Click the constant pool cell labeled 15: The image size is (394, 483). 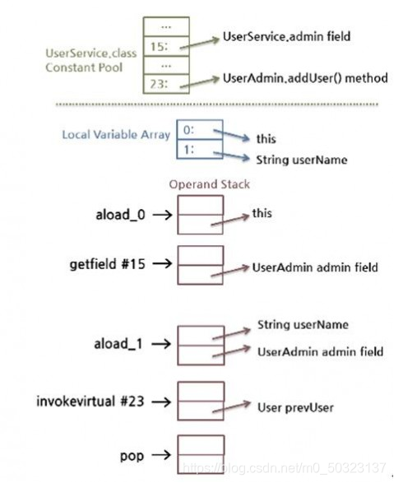pos(166,46)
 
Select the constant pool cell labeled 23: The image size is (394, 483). pos(166,83)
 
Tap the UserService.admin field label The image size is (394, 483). pos(286,36)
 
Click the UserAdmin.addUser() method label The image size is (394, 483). pos(305,78)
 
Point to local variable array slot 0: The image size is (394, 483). pos(200,130)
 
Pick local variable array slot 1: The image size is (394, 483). pos(200,149)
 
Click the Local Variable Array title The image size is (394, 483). pos(116,135)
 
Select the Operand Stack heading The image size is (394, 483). pos(209,184)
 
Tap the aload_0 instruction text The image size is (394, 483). pos(120,215)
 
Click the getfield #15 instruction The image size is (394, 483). pos(108,264)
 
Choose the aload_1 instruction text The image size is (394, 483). pos(118,344)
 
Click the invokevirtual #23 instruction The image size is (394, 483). pos(90,402)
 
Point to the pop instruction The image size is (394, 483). pos(132,456)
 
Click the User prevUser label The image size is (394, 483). pos(295,407)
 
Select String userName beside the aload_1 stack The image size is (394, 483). pos(303,325)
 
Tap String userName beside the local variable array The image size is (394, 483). pos(302,160)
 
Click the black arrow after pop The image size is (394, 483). pos(161,455)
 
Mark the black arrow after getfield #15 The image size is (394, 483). pos(162,263)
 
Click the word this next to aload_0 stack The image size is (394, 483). pos(262,213)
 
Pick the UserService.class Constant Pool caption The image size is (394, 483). pos(91,60)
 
